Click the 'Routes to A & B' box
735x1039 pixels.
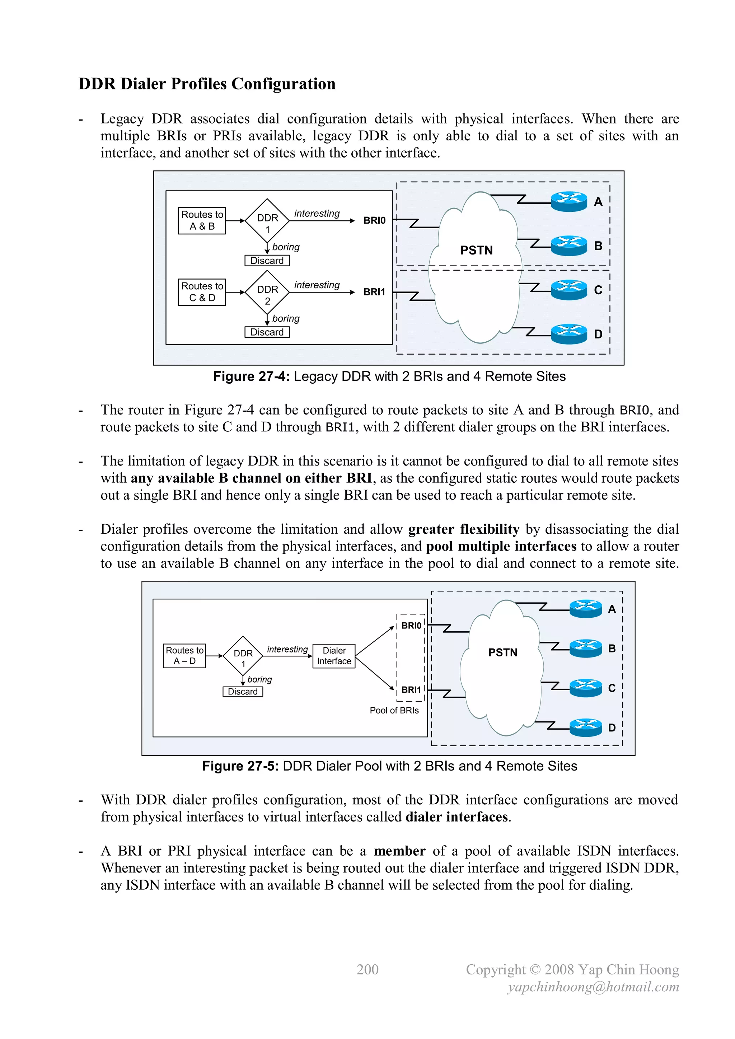pos(202,220)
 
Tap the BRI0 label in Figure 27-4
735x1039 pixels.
pos(374,220)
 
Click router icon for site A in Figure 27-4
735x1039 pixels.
pos(569,201)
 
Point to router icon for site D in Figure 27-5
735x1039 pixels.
pos(586,727)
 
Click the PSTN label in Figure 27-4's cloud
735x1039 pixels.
pos(476,250)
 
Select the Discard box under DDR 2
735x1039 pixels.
pos(267,332)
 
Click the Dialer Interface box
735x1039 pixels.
pos(334,656)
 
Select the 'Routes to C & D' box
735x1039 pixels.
pos(202,292)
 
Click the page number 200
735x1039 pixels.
pos(367,969)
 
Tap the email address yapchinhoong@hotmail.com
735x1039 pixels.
pos(593,987)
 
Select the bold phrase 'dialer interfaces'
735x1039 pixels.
pos(457,817)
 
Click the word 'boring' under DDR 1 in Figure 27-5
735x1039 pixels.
pos(260,679)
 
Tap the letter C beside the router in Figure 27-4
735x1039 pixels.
pos(598,290)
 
